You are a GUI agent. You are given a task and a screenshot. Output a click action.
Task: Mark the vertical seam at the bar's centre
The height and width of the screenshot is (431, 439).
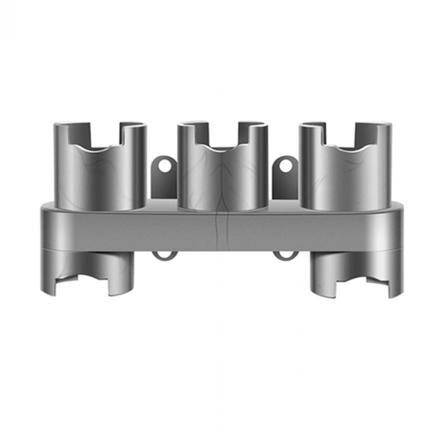(x=223, y=230)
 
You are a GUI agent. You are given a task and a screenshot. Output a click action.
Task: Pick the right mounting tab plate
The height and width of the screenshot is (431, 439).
(x=284, y=181)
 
